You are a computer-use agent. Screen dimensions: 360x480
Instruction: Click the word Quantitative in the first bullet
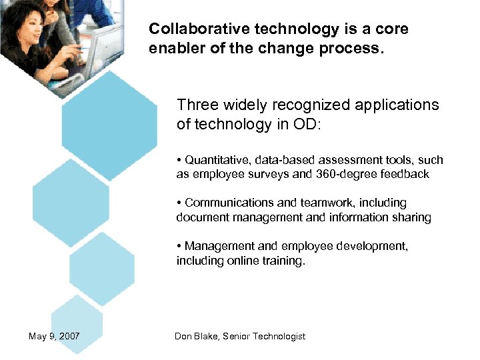[217, 160]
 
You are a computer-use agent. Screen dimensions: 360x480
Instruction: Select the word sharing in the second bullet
[413, 217]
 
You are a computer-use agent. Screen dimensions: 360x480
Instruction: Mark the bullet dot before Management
[179, 246]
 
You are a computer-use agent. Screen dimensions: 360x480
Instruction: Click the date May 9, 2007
[54, 336]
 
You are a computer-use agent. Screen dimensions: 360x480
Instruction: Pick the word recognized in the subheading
[312, 105]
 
